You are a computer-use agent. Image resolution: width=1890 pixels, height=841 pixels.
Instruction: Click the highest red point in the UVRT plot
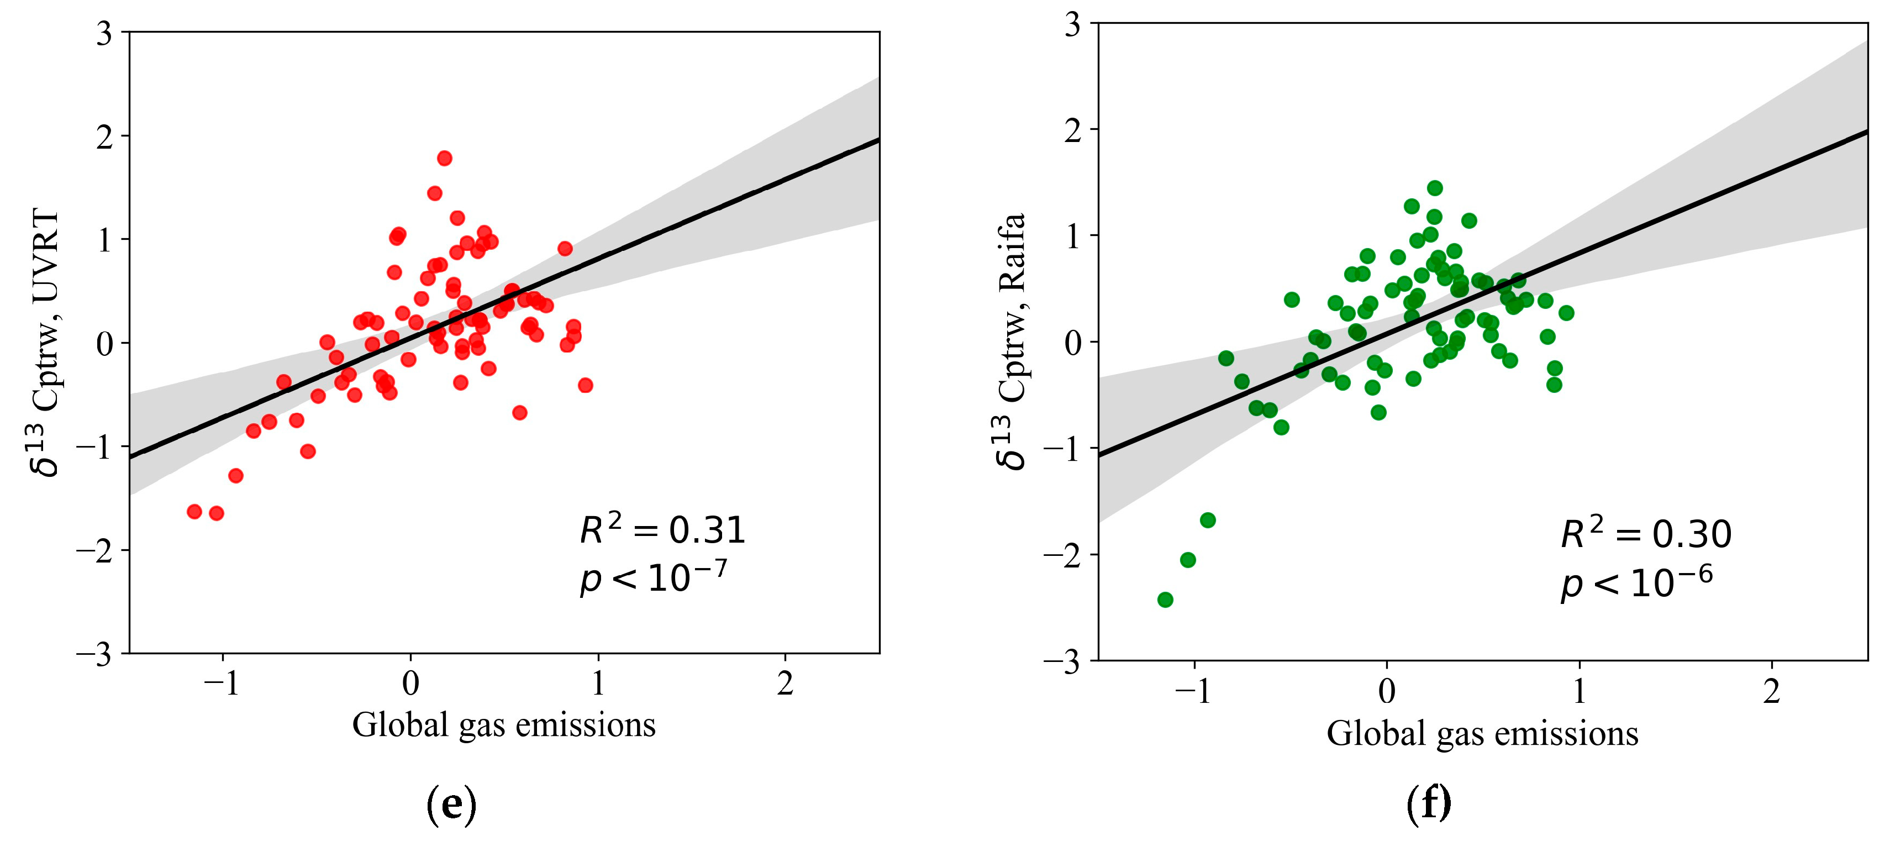(x=444, y=159)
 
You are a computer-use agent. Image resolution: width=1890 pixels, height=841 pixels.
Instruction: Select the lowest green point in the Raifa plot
(x=1165, y=600)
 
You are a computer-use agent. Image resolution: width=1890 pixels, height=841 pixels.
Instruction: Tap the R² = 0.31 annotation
(x=662, y=530)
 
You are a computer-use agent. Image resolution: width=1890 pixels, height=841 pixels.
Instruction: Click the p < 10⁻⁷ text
(x=653, y=577)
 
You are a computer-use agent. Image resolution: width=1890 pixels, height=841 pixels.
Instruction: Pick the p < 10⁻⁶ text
(x=1636, y=584)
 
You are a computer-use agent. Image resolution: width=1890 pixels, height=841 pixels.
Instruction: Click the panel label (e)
(x=451, y=805)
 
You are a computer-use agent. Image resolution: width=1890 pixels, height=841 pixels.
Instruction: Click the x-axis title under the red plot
(x=503, y=725)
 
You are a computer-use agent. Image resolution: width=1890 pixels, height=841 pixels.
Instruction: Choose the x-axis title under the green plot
(x=1482, y=733)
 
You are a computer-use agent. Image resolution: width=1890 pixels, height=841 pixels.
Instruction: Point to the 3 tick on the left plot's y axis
(x=105, y=34)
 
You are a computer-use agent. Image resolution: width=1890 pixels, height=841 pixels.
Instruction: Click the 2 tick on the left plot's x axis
(x=785, y=684)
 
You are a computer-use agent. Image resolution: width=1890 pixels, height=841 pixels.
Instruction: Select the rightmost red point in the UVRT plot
(x=585, y=385)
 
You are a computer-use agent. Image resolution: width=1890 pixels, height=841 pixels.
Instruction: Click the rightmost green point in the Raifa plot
(x=1566, y=313)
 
